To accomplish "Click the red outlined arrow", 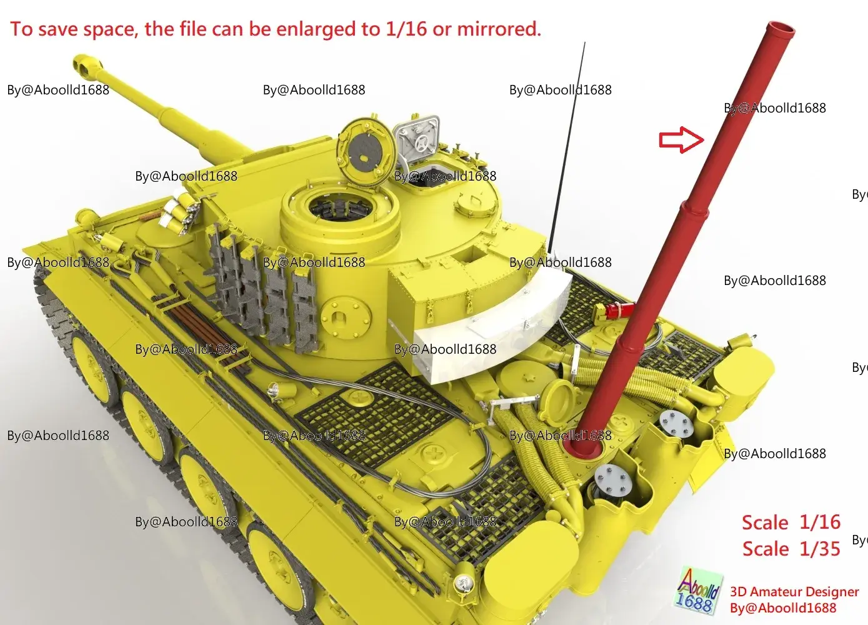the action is (x=682, y=140).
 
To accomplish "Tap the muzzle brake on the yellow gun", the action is (x=86, y=64).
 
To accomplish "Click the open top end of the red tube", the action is (x=781, y=29).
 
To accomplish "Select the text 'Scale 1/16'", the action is (x=791, y=522).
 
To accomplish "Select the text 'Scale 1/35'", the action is (x=791, y=549).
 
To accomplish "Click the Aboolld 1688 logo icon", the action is (x=698, y=591).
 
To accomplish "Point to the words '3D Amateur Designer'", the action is (x=794, y=592).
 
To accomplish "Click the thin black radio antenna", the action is (x=567, y=147).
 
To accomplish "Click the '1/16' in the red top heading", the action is (x=406, y=29).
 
